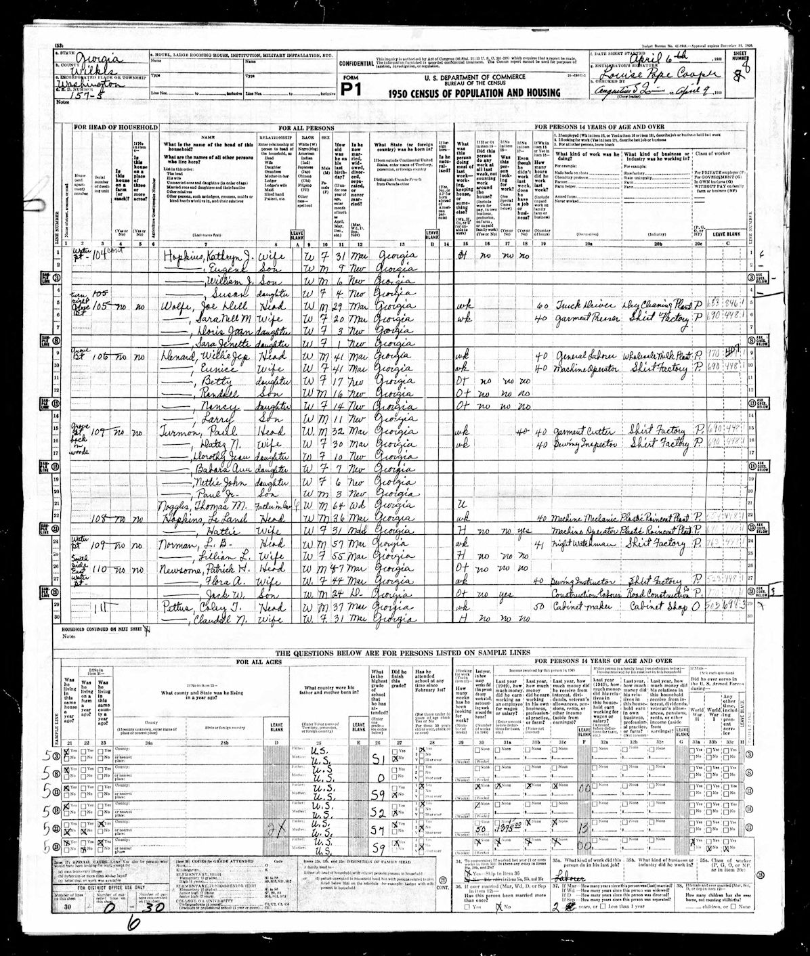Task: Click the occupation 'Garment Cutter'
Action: pyautogui.click(x=578, y=433)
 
